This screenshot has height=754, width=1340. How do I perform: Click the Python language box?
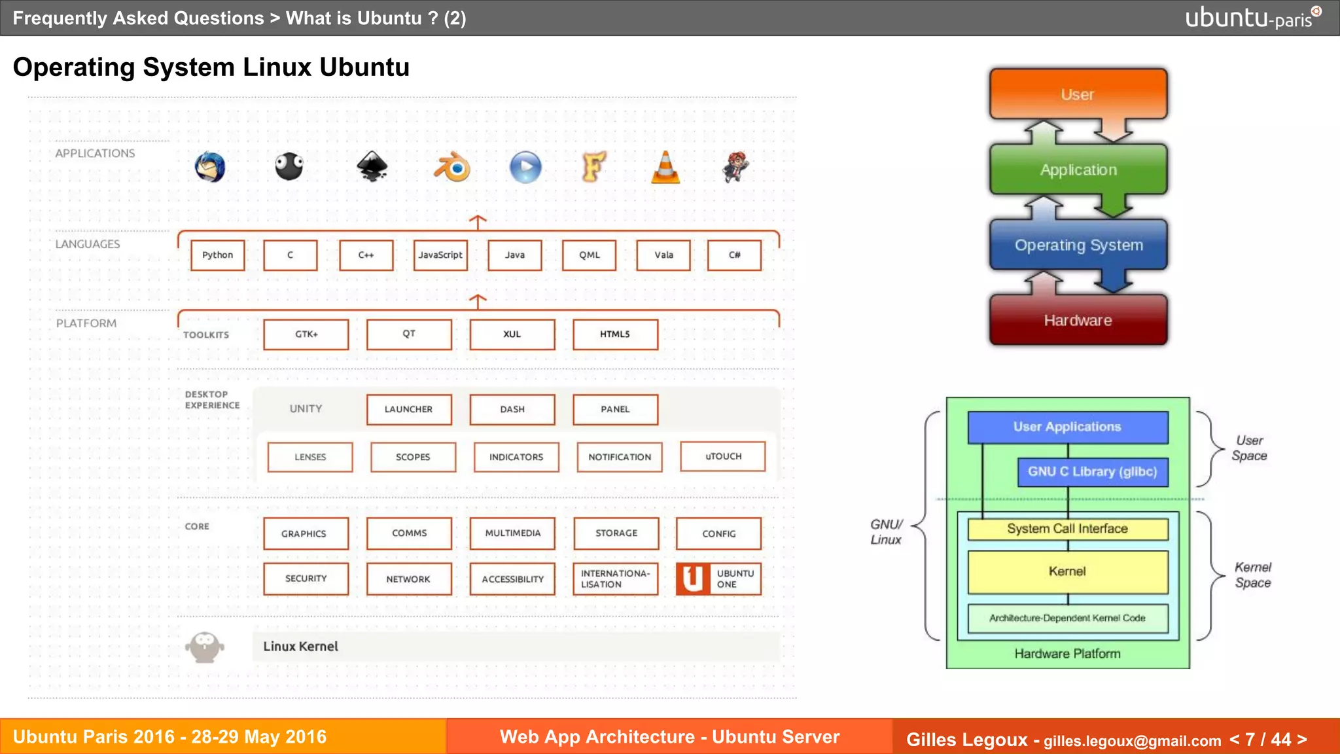(217, 255)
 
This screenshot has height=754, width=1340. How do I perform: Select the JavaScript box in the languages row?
(440, 255)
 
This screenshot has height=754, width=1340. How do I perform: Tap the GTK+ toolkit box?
(306, 334)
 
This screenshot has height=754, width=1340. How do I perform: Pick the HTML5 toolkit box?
(615, 334)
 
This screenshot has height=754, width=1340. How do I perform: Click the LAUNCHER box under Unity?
(409, 410)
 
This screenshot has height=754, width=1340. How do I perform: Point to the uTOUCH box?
(723, 457)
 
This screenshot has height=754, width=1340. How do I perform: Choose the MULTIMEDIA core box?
(512, 533)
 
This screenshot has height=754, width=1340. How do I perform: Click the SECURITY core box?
(306, 579)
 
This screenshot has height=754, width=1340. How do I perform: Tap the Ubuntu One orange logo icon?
(693, 579)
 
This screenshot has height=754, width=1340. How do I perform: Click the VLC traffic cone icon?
(665, 168)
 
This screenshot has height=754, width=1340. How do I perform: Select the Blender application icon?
(452, 168)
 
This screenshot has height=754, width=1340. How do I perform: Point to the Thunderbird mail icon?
(210, 168)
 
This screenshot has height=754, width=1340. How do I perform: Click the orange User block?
(1078, 94)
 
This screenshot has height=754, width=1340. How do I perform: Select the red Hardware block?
(1078, 320)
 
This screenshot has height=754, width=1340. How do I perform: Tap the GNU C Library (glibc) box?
(1092, 472)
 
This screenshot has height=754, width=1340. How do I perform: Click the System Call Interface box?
(1067, 529)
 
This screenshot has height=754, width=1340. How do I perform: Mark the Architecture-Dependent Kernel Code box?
(1067, 618)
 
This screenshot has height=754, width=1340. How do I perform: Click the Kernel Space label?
(1252, 575)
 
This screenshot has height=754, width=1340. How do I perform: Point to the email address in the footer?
(1132, 741)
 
